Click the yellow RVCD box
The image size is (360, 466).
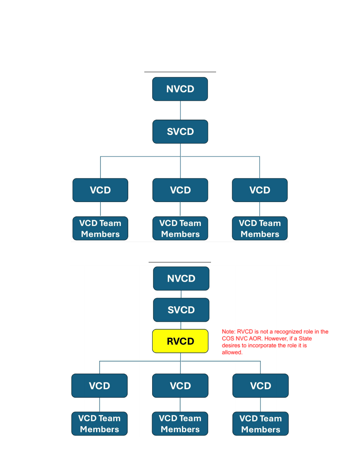pyautogui.click(x=180, y=341)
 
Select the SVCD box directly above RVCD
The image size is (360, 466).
pyautogui.click(x=181, y=310)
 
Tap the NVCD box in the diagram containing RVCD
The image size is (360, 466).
pyautogui.click(x=181, y=279)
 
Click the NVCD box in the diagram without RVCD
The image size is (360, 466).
pyautogui.click(x=180, y=89)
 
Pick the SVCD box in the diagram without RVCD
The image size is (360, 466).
pyautogui.click(x=180, y=131)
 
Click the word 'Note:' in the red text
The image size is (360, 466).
pyautogui.click(x=229, y=332)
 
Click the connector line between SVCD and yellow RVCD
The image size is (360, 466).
pyautogui.click(x=181, y=326)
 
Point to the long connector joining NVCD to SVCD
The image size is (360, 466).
pyautogui.click(x=180, y=110)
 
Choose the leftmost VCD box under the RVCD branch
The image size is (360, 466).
pyautogui.click(x=100, y=386)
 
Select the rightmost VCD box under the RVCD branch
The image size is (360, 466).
pyautogui.click(x=260, y=386)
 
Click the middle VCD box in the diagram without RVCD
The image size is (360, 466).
pyautogui.click(x=180, y=190)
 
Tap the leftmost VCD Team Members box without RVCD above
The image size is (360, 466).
pyautogui.click(x=100, y=228)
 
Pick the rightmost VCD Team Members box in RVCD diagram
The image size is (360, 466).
pyautogui.click(x=260, y=424)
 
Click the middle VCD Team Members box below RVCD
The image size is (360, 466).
pyautogui.click(x=180, y=424)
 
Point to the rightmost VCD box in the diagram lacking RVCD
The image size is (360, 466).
pyautogui.click(x=260, y=190)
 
